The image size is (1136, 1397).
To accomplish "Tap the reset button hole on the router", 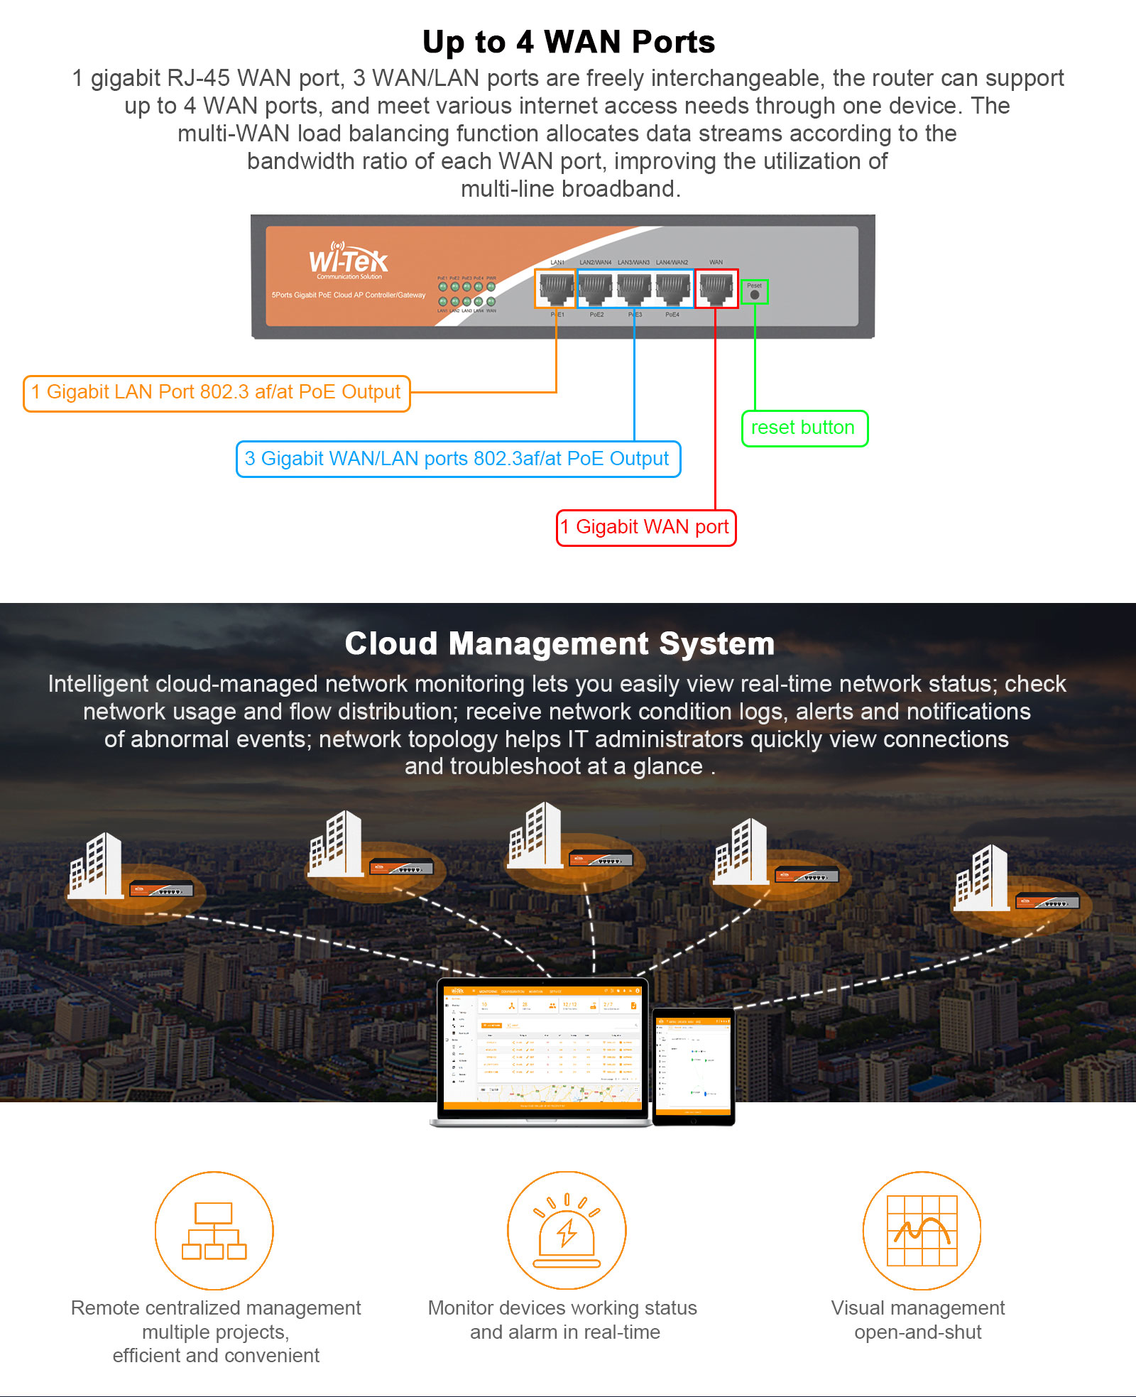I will pyautogui.click(x=755, y=294).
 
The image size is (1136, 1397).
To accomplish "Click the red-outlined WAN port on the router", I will pyautogui.click(x=716, y=288).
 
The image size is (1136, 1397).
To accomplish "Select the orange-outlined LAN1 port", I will pyautogui.click(x=555, y=288).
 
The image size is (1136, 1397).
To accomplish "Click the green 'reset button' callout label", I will pyautogui.click(x=804, y=428).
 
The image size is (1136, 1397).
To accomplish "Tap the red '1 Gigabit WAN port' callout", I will pyautogui.click(x=646, y=528).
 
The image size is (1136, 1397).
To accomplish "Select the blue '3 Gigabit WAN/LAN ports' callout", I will pyautogui.click(x=458, y=460).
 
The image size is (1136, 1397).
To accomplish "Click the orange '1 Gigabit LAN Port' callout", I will pyautogui.click(x=217, y=393).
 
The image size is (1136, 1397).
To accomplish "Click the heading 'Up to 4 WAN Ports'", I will pyautogui.click(x=568, y=42).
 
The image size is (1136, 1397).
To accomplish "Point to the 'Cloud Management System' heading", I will pyautogui.click(x=559, y=643).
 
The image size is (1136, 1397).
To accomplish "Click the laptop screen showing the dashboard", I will pyautogui.click(x=542, y=1046).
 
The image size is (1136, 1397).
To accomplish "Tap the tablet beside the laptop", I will pyautogui.click(x=694, y=1065).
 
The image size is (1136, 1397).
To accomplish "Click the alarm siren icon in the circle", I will pyautogui.click(x=567, y=1231).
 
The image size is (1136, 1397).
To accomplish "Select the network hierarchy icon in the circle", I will pyautogui.click(x=214, y=1231).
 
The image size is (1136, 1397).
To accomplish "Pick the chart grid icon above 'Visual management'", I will pyautogui.click(x=922, y=1231).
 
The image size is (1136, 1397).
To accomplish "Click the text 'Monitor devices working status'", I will pyautogui.click(x=562, y=1308).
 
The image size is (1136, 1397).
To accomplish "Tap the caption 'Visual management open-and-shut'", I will pyautogui.click(x=918, y=1320).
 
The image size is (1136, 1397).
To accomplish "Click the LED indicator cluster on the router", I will pyautogui.click(x=466, y=294).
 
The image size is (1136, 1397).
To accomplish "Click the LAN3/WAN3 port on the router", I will pyautogui.click(x=634, y=288).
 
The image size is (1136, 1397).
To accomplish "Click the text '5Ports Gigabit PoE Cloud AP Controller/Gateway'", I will pyautogui.click(x=349, y=295).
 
